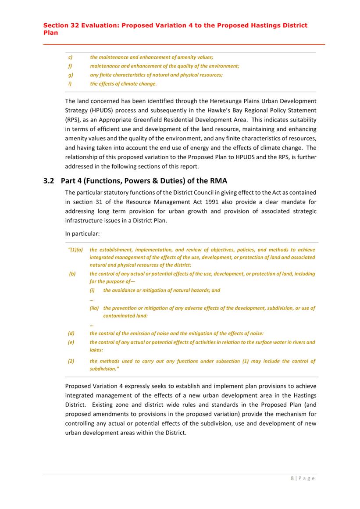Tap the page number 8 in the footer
292,478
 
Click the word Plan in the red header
50,33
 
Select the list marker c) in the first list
70,57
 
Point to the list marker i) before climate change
69,84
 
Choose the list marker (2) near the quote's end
71,361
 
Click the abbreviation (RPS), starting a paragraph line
74,119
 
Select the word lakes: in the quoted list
97,350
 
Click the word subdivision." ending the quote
105,369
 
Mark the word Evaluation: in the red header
98,25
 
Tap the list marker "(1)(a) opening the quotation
76,250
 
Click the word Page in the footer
307,478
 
